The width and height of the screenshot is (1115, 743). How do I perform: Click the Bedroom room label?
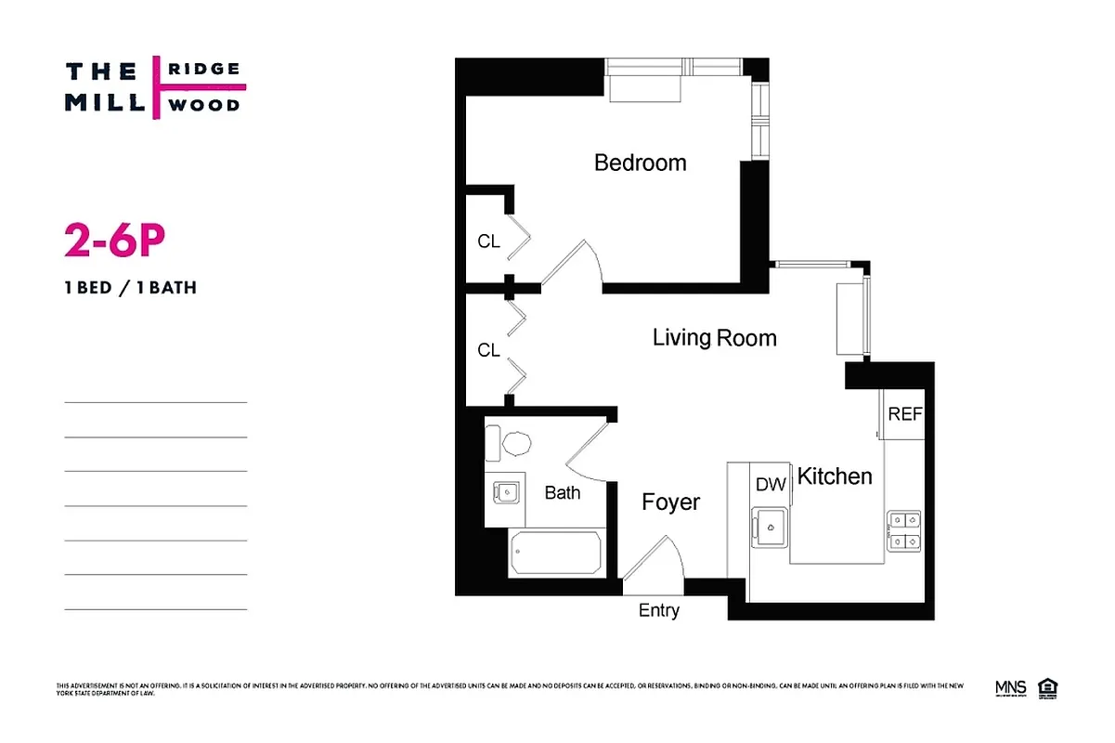click(x=640, y=163)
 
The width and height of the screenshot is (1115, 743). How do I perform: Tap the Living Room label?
click(x=714, y=337)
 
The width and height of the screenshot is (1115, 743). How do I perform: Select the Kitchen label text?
click(x=835, y=476)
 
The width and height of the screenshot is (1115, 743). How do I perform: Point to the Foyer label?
click(x=670, y=502)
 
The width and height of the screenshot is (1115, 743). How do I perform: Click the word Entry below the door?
click(x=659, y=610)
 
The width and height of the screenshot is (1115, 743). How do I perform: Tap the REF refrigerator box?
click(x=905, y=413)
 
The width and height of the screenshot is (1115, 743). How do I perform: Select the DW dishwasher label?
click(x=771, y=484)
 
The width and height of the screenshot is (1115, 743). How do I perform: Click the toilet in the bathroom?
click(x=512, y=444)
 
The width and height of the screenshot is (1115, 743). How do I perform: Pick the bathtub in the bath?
click(x=556, y=554)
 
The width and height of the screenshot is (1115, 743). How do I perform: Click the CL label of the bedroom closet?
click(x=488, y=241)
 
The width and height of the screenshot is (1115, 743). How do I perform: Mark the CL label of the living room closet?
click(x=488, y=350)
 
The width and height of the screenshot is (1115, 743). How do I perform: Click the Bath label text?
click(x=562, y=492)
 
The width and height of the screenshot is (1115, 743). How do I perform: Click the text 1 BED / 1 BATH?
click(x=130, y=287)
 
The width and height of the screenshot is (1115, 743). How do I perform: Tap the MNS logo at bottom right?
click(x=1010, y=688)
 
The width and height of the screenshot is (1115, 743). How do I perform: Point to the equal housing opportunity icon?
click(x=1050, y=688)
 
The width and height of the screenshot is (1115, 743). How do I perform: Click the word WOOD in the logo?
click(x=202, y=104)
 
